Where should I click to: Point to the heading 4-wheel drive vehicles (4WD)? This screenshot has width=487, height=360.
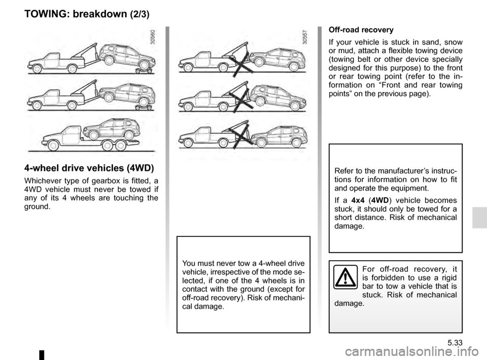[89, 169]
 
